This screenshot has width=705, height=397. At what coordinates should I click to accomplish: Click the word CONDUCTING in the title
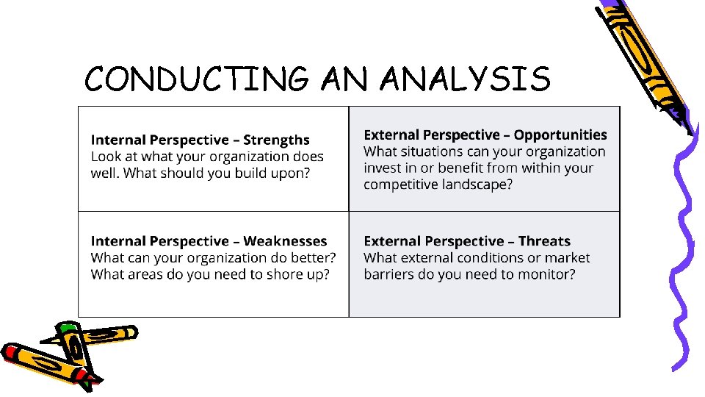(197, 79)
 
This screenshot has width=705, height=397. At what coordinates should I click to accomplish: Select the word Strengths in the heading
(276, 140)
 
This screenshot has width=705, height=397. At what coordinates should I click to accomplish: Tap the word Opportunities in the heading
(560, 135)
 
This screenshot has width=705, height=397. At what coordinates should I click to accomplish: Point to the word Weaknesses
(285, 241)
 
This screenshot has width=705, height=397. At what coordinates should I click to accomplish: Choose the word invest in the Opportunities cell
(382, 168)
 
